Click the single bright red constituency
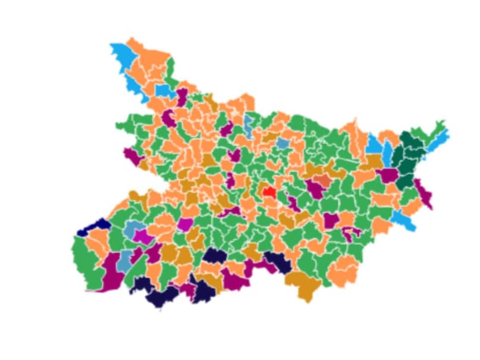point(268,192)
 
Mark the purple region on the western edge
point(131,156)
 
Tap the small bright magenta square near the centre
point(185,224)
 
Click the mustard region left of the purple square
point(373,161)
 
